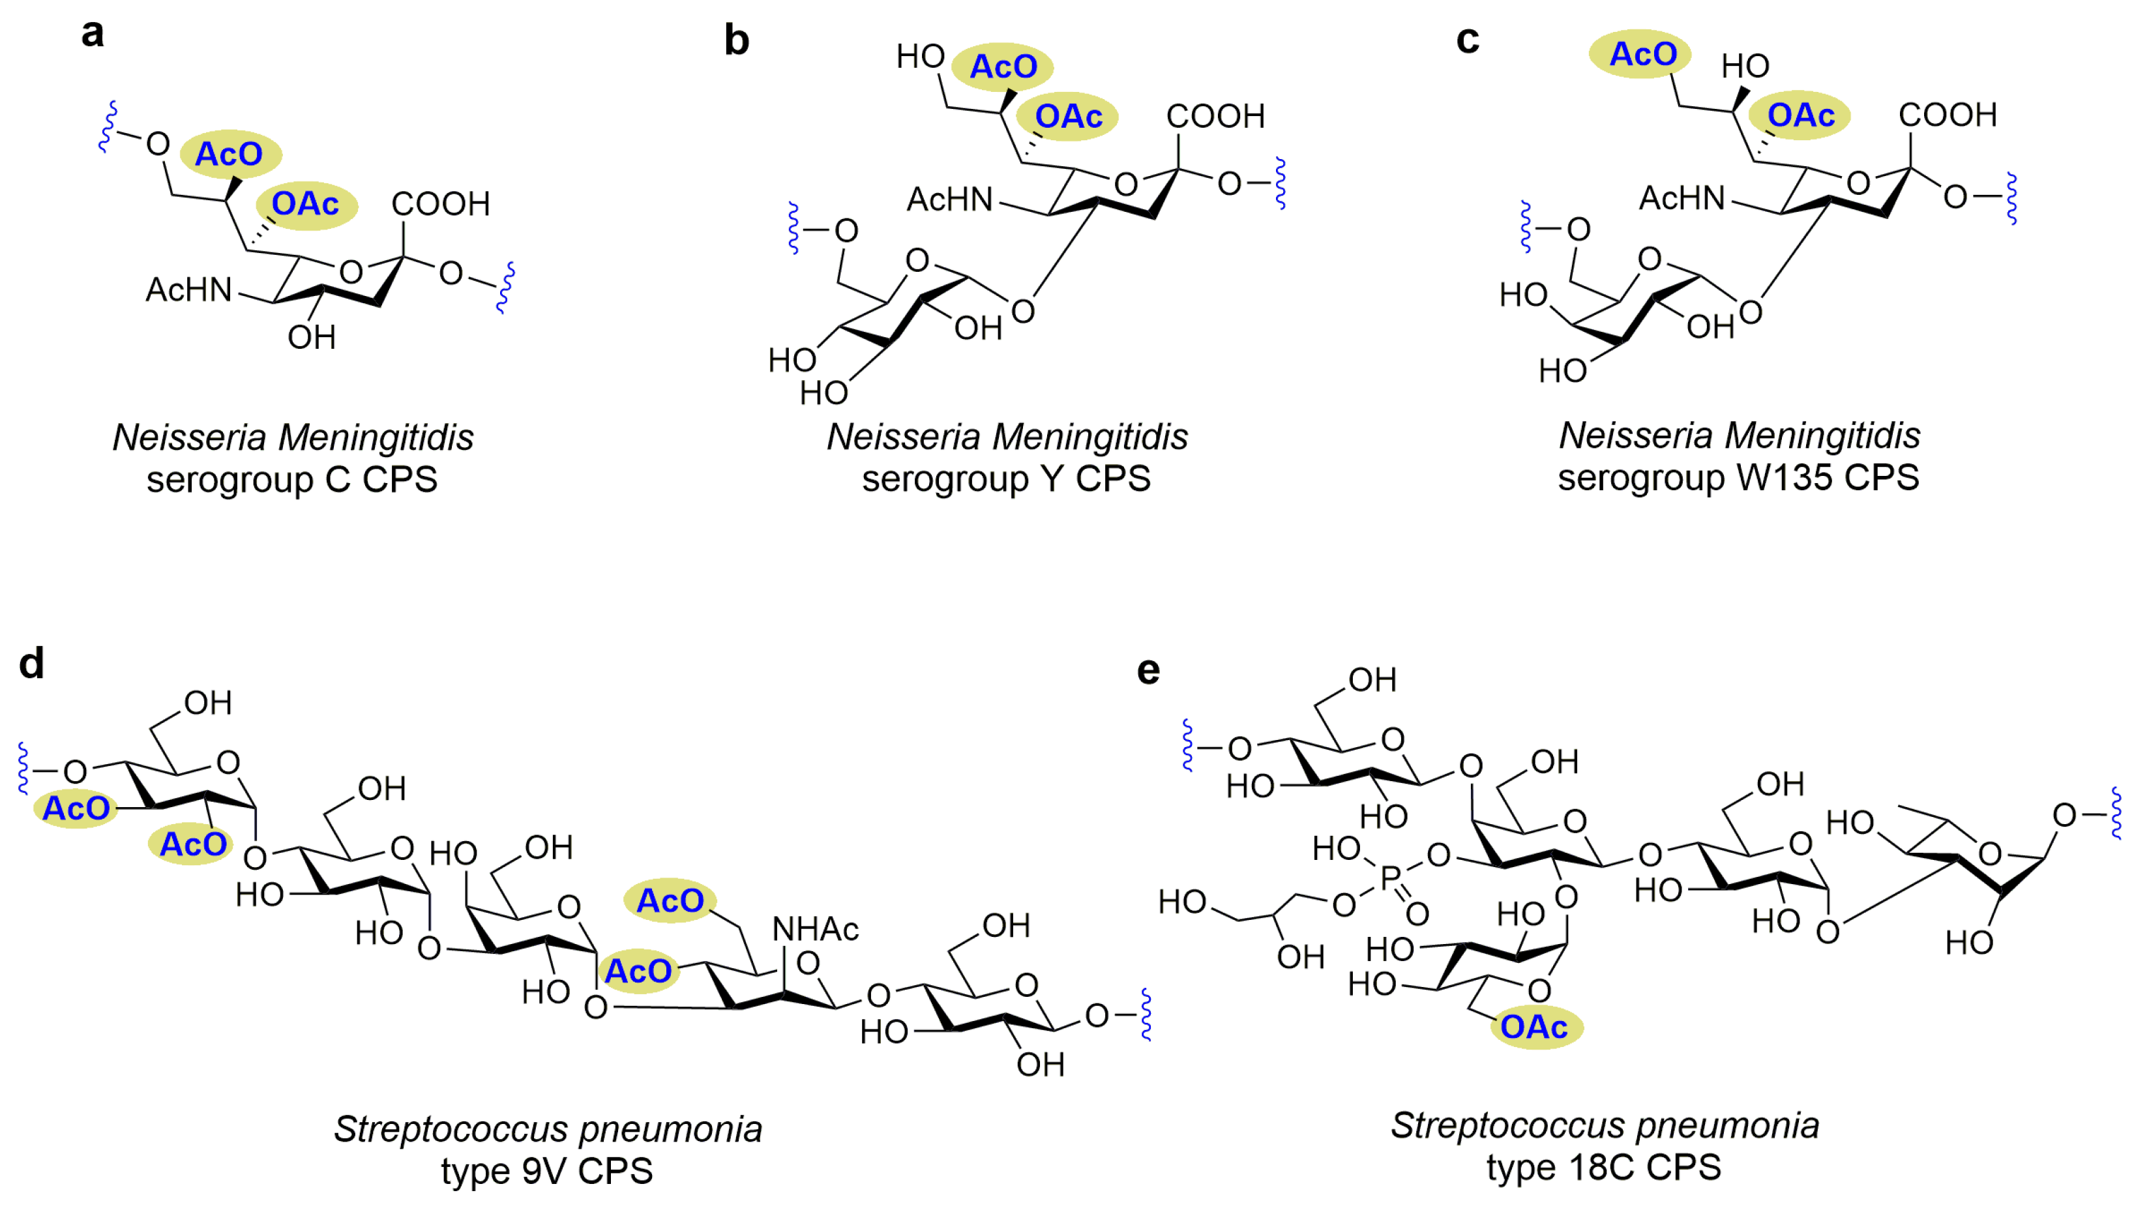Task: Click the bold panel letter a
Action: (93, 34)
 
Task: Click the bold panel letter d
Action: (32, 664)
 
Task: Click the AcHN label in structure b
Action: (950, 200)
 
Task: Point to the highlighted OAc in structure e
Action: (1534, 1027)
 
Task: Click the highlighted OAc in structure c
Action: (1800, 115)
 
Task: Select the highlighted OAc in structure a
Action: (305, 204)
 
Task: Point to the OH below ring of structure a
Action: (311, 338)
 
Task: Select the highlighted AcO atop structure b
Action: (1003, 67)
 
